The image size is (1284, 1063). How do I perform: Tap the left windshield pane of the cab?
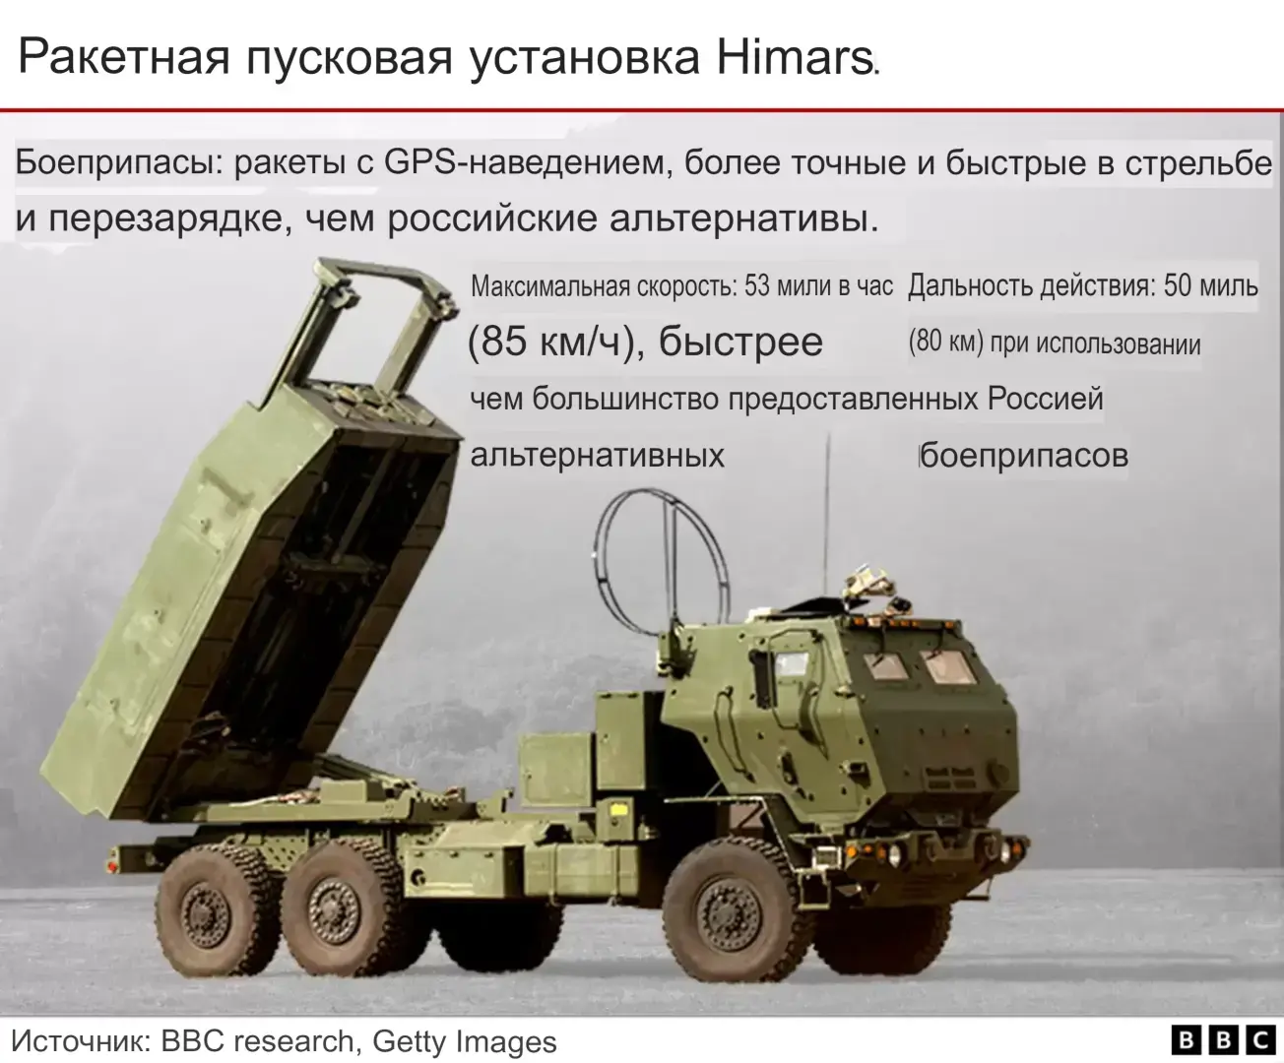pyautogui.click(x=883, y=666)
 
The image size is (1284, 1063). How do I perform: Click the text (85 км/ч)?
pyautogui.click(x=547, y=342)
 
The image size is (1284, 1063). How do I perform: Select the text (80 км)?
pyautogui.click(x=945, y=343)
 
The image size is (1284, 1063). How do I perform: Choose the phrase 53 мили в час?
pyautogui.click(x=818, y=286)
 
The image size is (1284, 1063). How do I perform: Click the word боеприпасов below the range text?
pyautogui.click(x=1024, y=456)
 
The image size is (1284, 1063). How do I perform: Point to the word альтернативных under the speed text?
pyautogui.click(x=597, y=456)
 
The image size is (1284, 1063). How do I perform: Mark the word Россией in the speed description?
pyautogui.click(x=1045, y=399)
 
